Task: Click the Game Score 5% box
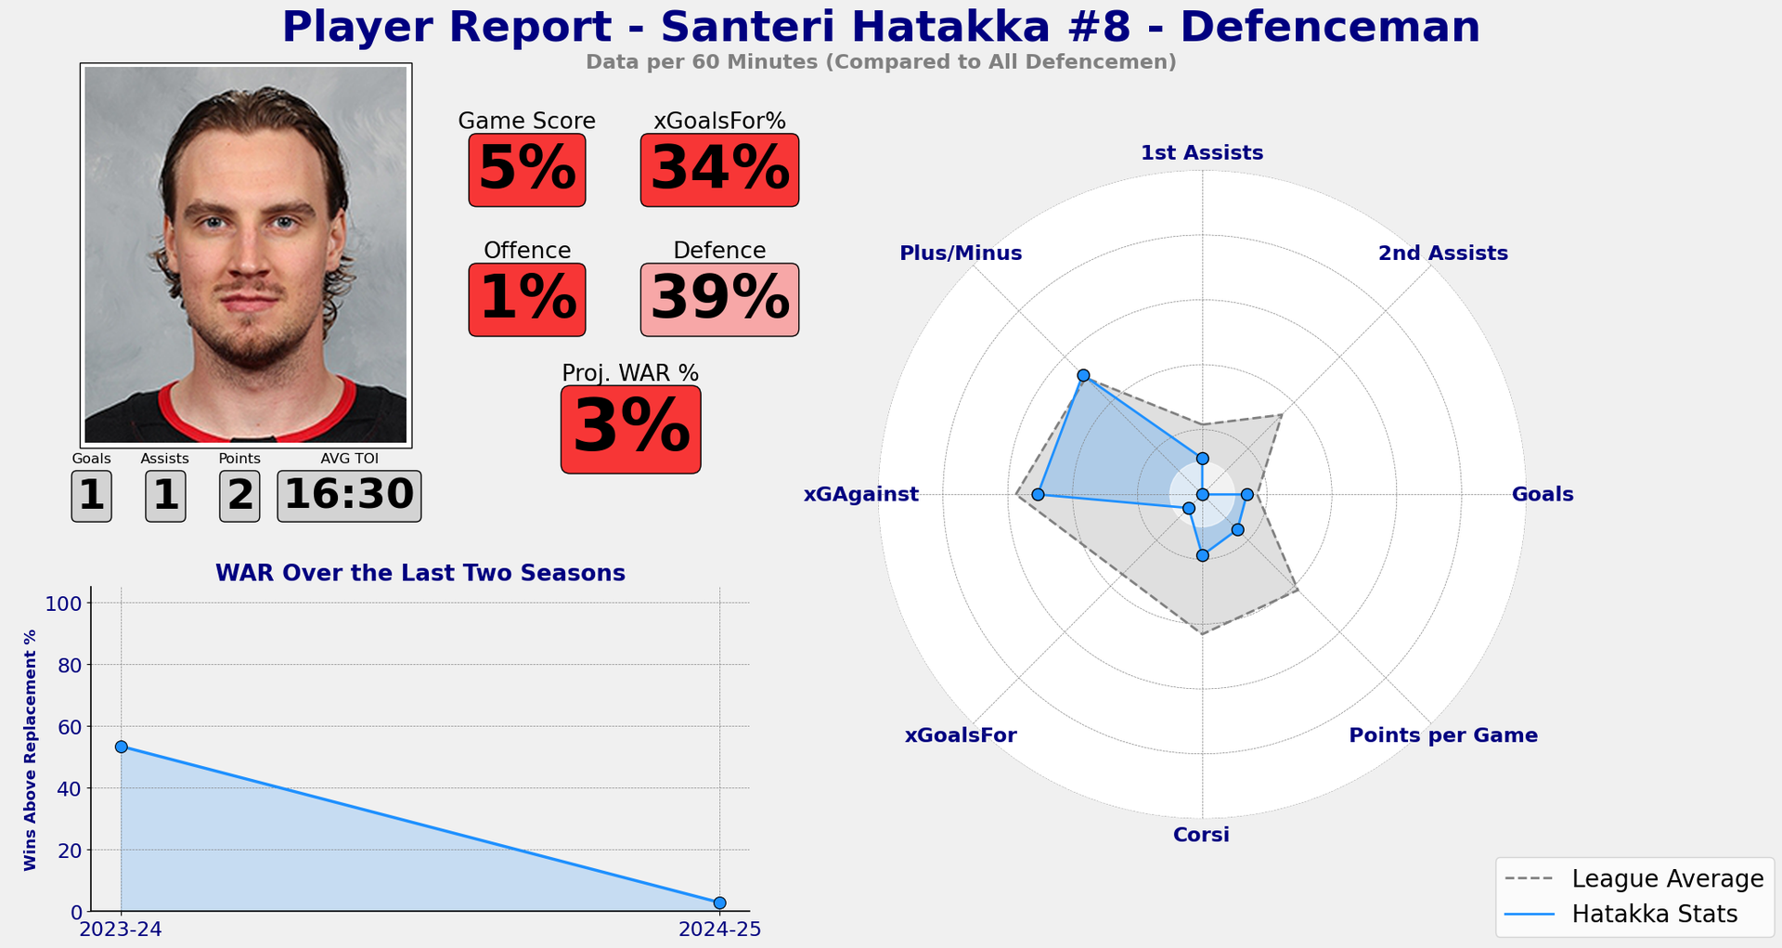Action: (x=526, y=170)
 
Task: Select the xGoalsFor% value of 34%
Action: (x=719, y=170)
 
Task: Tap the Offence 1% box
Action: (x=526, y=300)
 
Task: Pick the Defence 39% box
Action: (x=719, y=300)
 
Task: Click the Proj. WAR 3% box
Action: (x=630, y=430)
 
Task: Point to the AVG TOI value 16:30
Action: (x=349, y=496)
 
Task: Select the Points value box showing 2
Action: (x=239, y=496)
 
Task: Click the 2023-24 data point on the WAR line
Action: (x=121, y=747)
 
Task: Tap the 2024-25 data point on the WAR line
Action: (x=719, y=903)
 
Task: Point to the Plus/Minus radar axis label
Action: (x=961, y=253)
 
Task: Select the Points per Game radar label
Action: (x=1442, y=735)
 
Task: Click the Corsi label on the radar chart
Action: (x=1201, y=835)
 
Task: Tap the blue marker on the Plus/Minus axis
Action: (x=1083, y=375)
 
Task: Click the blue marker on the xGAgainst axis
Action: (x=1038, y=495)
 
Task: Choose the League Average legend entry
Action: (x=1633, y=878)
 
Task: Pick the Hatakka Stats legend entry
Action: (x=1633, y=914)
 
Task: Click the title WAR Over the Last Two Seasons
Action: (x=420, y=573)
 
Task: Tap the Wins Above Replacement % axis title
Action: (x=31, y=749)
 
